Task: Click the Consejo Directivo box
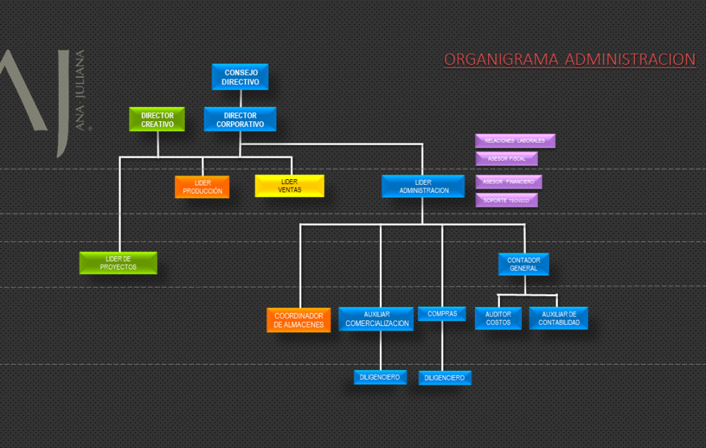pos(240,77)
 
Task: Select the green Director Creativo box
pos(157,119)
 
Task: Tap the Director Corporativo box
pos(240,119)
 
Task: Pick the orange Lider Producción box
pos(202,187)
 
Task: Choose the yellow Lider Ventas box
pos(289,185)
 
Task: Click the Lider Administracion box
pos(423,186)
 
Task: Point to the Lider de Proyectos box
pos(118,263)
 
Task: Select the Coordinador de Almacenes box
pos(299,320)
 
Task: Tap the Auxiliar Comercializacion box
pos(376,319)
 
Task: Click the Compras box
pos(442,314)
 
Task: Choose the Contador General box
pos(523,264)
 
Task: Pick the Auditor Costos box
pos(498,318)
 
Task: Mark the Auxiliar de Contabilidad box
pos(558,318)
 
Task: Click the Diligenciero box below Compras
pos(445,378)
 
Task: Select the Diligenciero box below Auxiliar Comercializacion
pos(379,377)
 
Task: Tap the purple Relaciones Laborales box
pos(514,141)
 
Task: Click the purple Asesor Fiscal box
pos(506,159)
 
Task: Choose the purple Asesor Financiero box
pos(508,182)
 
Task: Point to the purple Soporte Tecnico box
pos(506,200)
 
